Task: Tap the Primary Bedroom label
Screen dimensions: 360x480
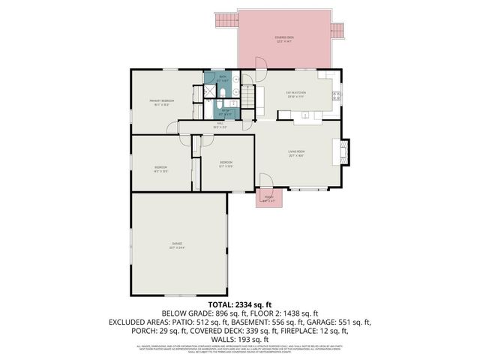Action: coord(163,103)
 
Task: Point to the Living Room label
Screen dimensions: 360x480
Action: coord(295,154)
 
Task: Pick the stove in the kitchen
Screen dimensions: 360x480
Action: coord(337,95)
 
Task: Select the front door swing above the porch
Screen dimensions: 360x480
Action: coord(265,181)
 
